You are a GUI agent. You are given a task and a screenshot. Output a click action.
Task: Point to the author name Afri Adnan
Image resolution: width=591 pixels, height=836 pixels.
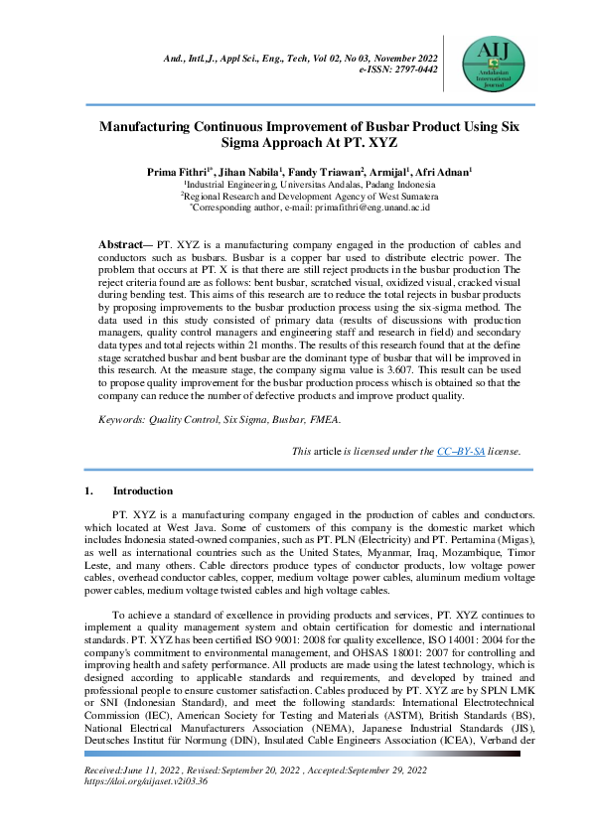point(442,172)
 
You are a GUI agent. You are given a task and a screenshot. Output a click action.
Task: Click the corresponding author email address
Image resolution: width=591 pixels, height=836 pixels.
point(372,208)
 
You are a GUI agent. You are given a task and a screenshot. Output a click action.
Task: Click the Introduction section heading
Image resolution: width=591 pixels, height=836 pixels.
point(142,490)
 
